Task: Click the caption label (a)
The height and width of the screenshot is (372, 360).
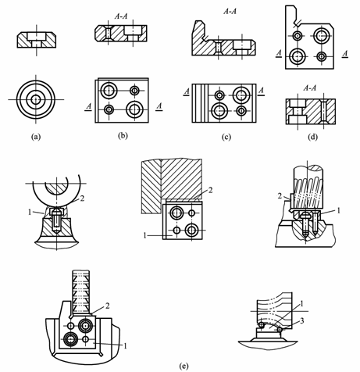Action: (36, 137)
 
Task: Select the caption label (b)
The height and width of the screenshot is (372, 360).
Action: (123, 136)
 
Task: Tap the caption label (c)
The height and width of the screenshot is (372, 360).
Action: (226, 137)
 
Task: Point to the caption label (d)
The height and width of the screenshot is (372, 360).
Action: (312, 137)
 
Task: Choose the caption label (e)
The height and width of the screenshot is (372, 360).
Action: (184, 366)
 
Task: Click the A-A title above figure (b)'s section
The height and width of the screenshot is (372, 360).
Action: (121, 16)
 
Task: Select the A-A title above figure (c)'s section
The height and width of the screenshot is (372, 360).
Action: (230, 11)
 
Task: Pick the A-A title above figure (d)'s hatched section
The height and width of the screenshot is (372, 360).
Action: (310, 88)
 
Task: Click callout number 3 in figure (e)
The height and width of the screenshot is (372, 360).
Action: (302, 320)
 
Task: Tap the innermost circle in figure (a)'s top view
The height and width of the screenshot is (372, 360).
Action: (36, 99)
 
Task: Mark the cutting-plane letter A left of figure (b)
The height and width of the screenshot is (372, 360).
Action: (88, 106)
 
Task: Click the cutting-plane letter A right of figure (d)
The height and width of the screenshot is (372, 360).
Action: (345, 54)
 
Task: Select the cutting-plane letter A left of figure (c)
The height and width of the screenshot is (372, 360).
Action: (187, 91)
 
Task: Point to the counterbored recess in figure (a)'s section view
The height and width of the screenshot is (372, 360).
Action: (37, 36)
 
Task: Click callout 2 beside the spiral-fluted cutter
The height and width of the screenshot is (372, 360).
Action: (280, 196)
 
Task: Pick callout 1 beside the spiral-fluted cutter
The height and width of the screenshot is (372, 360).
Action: (338, 210)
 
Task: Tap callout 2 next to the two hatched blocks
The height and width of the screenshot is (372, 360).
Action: (210, 191)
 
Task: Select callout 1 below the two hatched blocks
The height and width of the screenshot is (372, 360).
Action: (144, 235)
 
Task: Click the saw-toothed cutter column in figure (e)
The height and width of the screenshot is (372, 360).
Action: (81, 292)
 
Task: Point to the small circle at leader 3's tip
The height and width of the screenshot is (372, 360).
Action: (280, 330)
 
